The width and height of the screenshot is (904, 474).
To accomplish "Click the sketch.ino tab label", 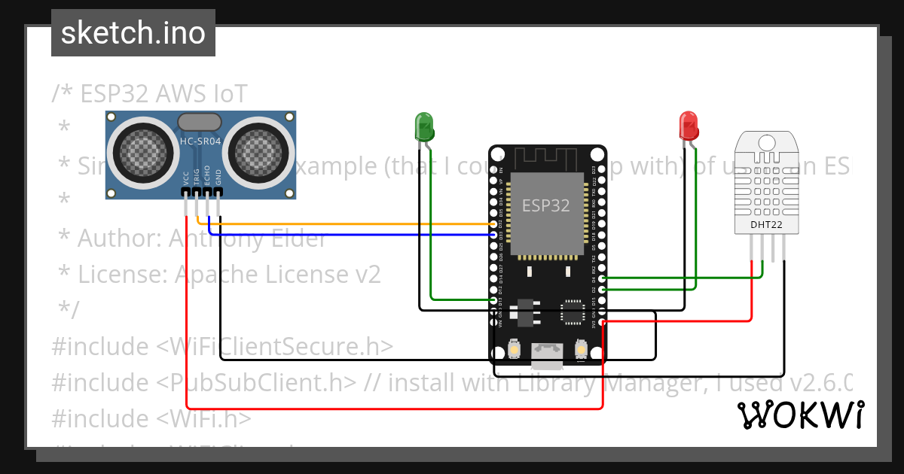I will [x=133, y=33].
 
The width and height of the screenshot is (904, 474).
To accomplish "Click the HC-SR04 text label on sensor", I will [x=200, y=141].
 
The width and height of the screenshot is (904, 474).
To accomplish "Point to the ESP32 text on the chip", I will [x=546, y=205].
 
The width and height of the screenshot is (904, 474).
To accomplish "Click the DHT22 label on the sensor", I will [x=767, y=224].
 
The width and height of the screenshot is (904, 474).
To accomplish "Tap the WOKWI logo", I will [x=801, y=415].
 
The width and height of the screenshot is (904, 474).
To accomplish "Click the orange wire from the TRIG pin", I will [x=347, y=223].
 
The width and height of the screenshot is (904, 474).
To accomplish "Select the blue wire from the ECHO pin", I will [x=347, y=235].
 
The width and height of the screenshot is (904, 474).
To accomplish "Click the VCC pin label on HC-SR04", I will [x=186, y=178].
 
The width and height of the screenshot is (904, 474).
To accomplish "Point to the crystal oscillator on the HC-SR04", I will [x=200, y=122].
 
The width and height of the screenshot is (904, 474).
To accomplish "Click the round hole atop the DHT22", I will [x=767, y=143].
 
